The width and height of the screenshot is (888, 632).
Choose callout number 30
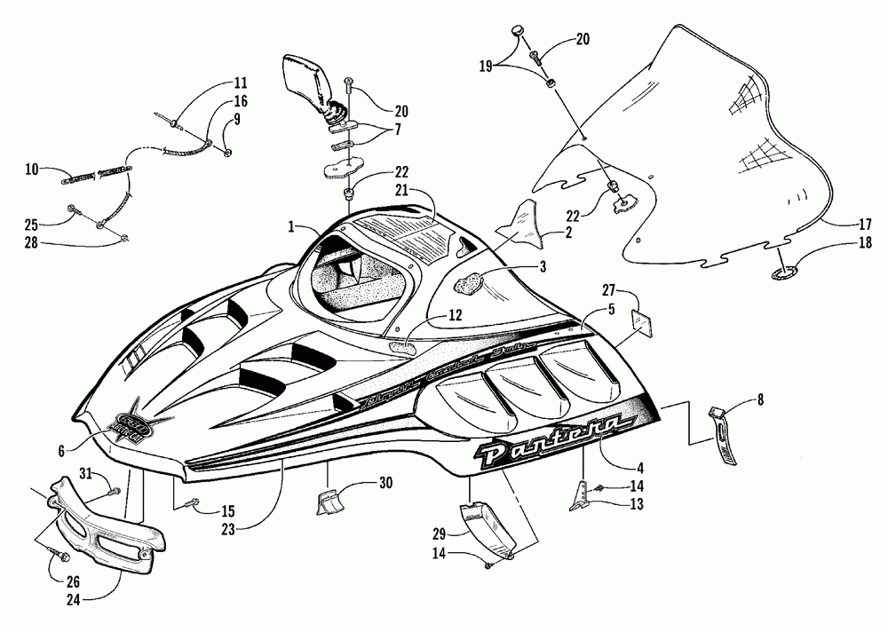pyautogui.click(x=385, y=483)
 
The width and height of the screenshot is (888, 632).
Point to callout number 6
pyautogui.click(x=61, y=451)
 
